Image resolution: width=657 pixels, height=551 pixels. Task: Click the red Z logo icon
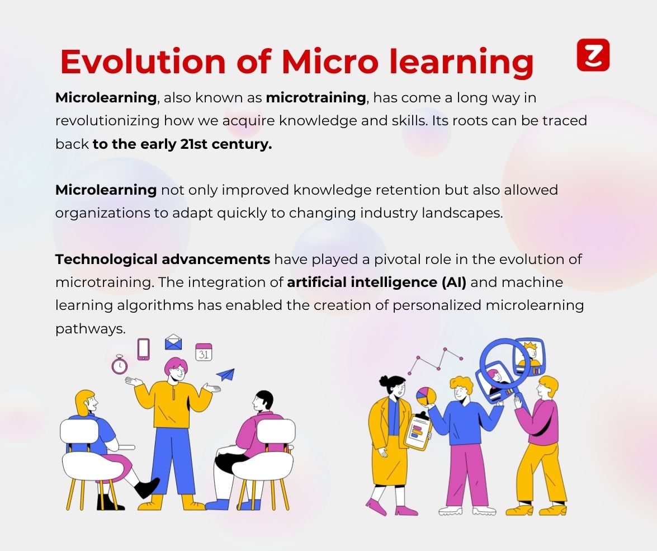(x=593, y=55)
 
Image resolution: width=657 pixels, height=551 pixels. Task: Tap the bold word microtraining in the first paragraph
(x=316, y=98)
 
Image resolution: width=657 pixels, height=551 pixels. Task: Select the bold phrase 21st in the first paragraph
(x=193, y=144)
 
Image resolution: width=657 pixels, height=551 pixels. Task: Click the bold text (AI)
(x=454, y=282)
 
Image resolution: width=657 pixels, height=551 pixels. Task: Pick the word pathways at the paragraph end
(x=91, y=328)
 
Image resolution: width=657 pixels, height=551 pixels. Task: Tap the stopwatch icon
(x=120, y=364)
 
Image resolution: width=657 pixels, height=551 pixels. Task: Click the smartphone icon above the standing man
(x=143, y=349)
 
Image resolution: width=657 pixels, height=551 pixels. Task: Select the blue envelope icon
(x=173, y=342)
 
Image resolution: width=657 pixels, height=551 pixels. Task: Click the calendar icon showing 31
(x=204, y=352)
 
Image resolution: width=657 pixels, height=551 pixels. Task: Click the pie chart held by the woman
(x=426, y=396)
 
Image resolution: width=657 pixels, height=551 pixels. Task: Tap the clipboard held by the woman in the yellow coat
(x=418, y=431)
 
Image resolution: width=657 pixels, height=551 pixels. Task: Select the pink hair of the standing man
(x=174, y=364)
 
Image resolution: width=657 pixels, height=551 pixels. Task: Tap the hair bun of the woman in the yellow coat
(x=384, y=380)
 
